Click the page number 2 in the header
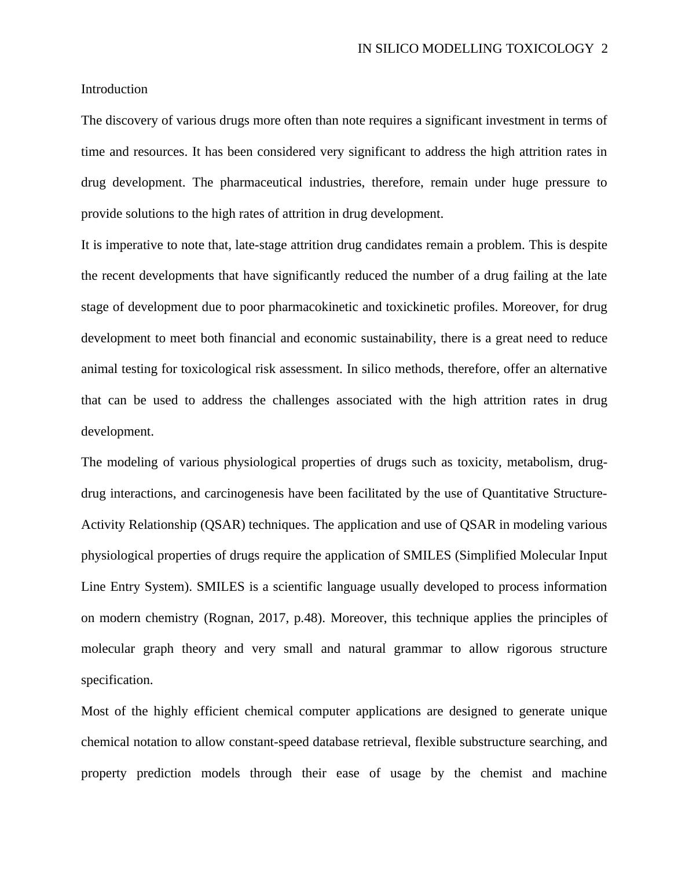point(604,49)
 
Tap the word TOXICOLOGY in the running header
point(549,49)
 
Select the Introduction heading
point(114,89)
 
